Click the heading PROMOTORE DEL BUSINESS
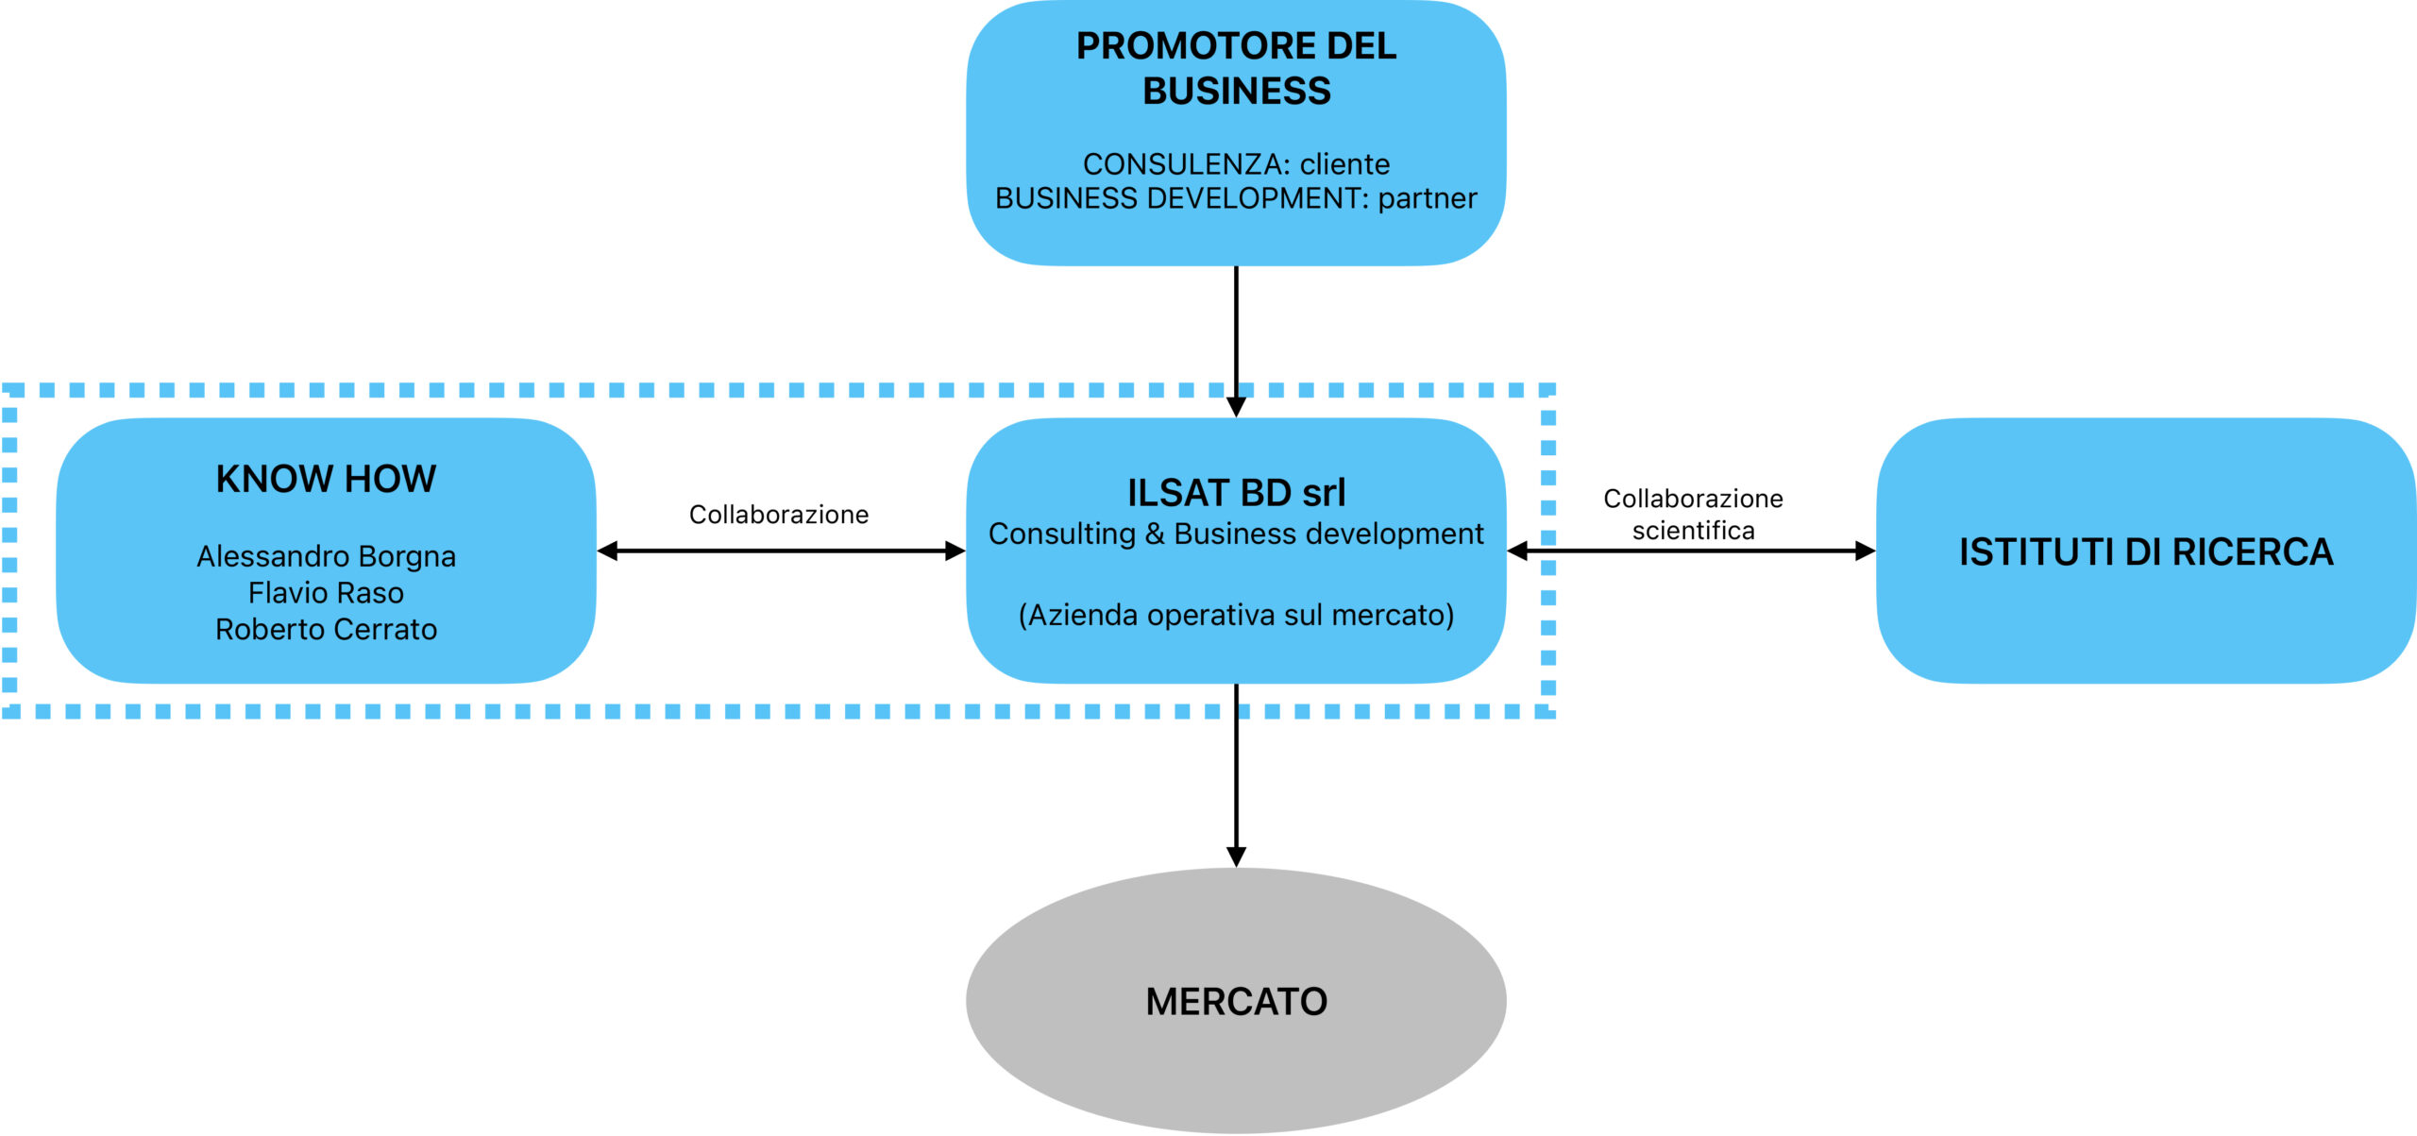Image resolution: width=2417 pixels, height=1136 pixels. [x=1236, y=68]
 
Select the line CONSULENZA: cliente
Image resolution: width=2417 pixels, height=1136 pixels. [x=1236, y=164]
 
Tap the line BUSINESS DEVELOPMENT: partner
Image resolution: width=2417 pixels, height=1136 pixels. [x=1236, y=198]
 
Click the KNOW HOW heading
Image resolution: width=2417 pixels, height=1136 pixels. [x=326, y=479]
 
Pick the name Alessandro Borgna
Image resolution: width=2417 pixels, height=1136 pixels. [x=326, y=556]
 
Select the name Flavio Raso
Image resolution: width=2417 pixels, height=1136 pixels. [x=326, y=593]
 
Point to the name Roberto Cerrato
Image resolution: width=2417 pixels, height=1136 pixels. [x=326, y=629]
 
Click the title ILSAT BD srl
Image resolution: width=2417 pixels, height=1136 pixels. [x=1236, y=493]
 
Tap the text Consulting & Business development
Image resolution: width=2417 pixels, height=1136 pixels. [x=1236, y=534]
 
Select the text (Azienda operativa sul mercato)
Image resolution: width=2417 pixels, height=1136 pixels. [x=1236, y=615]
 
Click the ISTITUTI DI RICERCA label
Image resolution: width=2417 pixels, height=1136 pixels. [x=2145, y=552]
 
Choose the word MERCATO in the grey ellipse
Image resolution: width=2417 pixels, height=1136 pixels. [x=1236, y=1002]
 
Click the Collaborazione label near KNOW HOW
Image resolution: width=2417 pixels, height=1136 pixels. [x=778, y=515]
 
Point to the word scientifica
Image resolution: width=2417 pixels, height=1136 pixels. [x=1693, y=531]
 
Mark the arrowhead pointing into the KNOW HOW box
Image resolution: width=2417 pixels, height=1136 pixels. [x=608, y=551]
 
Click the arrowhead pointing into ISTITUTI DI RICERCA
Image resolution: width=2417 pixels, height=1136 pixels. [x=1865, y=551]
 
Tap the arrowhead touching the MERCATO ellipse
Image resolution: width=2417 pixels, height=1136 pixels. [x=1236, y=856]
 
